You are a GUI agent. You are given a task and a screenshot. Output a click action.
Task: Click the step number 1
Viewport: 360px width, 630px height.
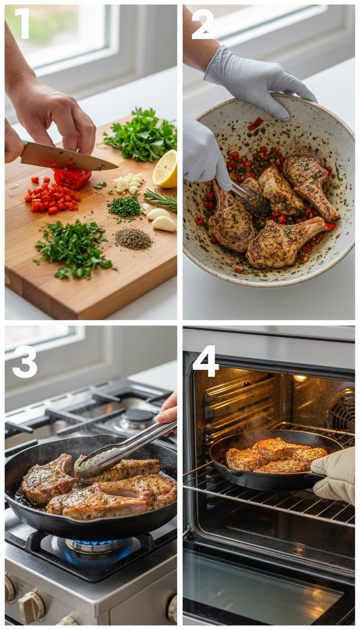pyautogui.click(x=22, y=23)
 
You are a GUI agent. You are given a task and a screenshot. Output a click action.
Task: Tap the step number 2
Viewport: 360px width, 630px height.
pyautogui.click(x=202, y=24)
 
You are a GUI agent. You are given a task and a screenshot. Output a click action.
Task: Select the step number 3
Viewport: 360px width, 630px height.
pyautogui.click(x=24, y=361)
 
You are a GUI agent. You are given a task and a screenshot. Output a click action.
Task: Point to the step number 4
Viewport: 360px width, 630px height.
pyautogui.click(x=205, y=361)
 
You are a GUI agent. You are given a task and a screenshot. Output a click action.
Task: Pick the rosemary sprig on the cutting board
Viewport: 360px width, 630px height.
pyautogui.click(x=161, y=199)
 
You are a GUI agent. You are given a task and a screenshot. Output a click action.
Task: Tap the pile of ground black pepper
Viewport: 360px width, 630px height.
pyautogui.click(x=133, y=239)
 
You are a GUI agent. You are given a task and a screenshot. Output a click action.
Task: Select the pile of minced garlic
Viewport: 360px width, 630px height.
pyautogui.click(x=128, y=182)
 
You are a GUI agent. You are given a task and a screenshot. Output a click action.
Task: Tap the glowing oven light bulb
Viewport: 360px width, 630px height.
pyautogui.click(x=300, y=378)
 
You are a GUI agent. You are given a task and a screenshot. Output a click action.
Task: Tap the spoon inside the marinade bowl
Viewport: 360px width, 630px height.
pyautogui.click(x=248, y=196)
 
